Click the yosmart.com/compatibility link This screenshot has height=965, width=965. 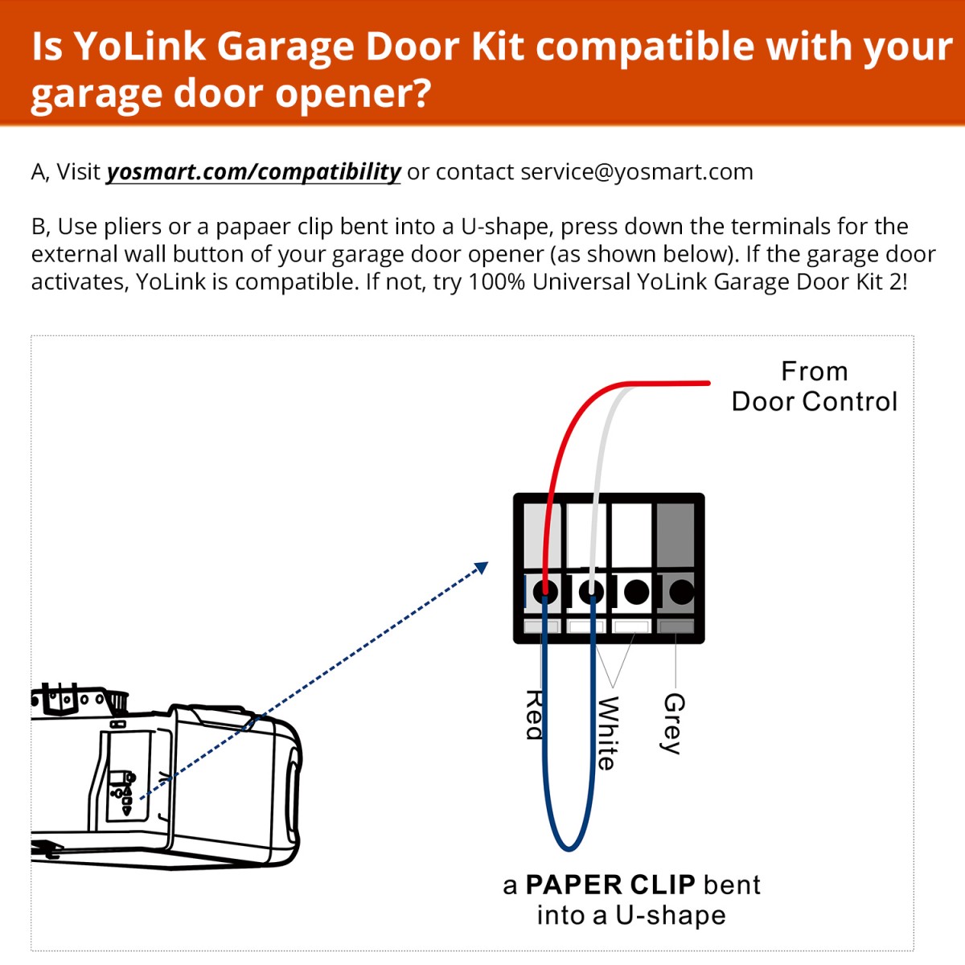pyautogui.click(x=253, y=172)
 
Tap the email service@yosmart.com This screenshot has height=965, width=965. pyautogui.click(x=636, y=172)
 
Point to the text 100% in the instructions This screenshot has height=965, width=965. pyautogui.click(x=497, y=282)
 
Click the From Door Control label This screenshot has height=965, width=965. pyautogui.click(x=814, y=387)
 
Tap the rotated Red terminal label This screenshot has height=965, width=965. pyautogui.click(x=534, y=714)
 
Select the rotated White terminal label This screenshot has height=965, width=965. pyautogui.click(x=606, y=733)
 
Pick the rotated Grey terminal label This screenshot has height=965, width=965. pyautogui.click(x=673, y=723)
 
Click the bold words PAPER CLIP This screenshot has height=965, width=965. pyautogui.click(x=610, y=885)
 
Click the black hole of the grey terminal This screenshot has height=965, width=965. pyautogui.click(x=681, y=593)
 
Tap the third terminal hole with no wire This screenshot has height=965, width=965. pyautogui.click(x=636, y=593)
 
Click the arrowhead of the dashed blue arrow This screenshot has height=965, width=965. pyautogui.click(x=482, y=568)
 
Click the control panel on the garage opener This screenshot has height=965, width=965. pyautogui.click(x=122, y=792)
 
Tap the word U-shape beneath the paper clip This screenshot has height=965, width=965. pyautogui.click(x=671, y=916)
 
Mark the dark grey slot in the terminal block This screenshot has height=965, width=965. pyautogui.click(x=676, y=536)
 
